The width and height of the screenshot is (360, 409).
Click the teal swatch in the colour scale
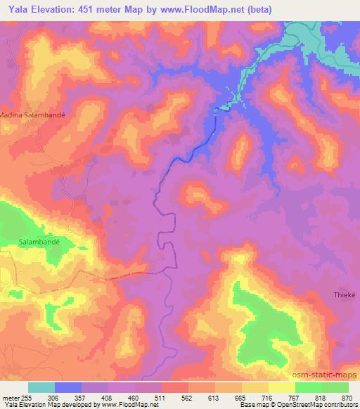coord(41,387)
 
